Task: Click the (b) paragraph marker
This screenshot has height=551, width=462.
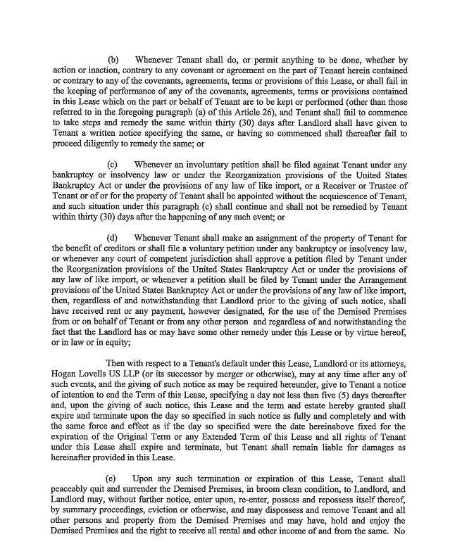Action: point(112,61)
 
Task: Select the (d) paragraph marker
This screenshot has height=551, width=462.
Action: point(112,238)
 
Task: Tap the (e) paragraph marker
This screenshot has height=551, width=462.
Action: point(112,479)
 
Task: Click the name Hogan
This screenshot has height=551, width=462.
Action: point(67,373)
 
